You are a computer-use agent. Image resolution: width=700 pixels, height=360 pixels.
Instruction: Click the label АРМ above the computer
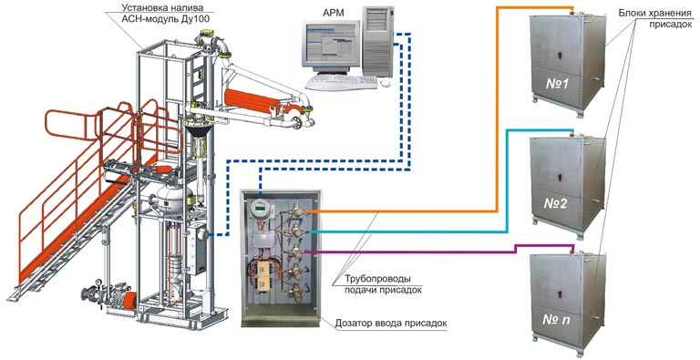point(333,13)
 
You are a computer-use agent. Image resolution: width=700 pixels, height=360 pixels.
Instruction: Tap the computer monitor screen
point(332,44)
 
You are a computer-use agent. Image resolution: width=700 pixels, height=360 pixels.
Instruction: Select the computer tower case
point(377,41)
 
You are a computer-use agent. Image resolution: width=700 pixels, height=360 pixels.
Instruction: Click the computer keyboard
point(342,82)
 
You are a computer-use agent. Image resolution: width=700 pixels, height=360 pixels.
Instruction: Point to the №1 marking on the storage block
point(556,83)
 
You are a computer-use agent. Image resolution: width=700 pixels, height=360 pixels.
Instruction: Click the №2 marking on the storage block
point(556,203)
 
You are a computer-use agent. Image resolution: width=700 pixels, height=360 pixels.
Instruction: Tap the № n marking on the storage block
point(556,319)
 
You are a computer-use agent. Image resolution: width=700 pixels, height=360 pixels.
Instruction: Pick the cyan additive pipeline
point(507,180)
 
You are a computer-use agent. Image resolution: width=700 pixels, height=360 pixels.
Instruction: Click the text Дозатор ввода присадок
point(391,324)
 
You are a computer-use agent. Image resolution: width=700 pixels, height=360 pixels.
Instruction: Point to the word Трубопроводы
point(377,280)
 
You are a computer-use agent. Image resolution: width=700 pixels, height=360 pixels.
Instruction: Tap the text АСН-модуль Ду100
point(160,19)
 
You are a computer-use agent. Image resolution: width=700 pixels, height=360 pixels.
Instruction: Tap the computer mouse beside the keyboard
point(384,83)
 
